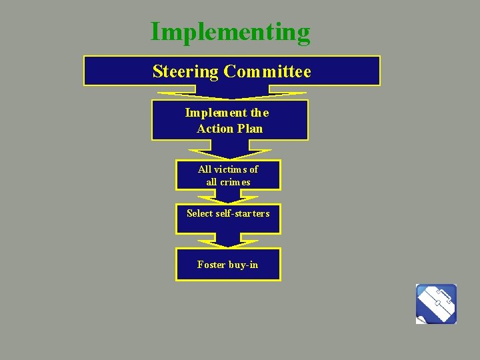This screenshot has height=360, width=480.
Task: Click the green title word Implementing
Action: coord(230,32)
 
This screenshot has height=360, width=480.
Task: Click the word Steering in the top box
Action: coord(186,71)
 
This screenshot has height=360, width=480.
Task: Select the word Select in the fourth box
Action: coord(199,213)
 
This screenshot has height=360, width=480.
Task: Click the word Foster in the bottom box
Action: coord(211,265)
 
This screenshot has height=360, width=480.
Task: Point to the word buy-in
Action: coord(243,265)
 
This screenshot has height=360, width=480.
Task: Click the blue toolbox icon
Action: coord(436,304)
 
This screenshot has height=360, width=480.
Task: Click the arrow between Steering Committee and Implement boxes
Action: coord(230,93)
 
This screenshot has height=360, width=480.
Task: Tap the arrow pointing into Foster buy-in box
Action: coord(228,241)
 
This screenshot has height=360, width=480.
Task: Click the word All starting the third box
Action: coord(205,169)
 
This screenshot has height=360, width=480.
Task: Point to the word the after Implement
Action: coord(261,113)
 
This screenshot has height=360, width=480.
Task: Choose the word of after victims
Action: coord(253,169)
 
